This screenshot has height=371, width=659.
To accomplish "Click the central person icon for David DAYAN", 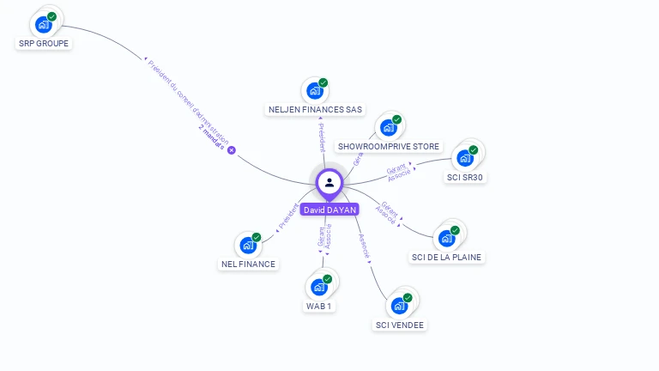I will (329, 182).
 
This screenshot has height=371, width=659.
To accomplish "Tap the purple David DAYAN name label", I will (329, 209).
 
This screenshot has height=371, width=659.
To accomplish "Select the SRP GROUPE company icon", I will (44, 24).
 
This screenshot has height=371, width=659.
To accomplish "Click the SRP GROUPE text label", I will (44, 43).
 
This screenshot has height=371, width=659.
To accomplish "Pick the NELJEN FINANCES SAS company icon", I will (315, 91).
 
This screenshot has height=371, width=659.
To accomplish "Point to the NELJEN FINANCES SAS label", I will (315, 110).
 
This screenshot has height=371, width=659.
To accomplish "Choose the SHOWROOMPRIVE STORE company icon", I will (389, 128).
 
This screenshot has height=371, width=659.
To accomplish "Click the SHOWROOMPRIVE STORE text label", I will (389, 147).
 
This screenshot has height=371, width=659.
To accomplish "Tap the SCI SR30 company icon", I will (465, 158).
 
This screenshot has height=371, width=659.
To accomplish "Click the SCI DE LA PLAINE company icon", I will (446, 238).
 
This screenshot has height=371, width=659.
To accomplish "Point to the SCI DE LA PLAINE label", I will (446, 257).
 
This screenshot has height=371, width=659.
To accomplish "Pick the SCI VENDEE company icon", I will (399, 306).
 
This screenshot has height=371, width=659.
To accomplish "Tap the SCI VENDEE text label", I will (400, 325).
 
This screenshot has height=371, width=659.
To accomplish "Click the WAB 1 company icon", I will (319, 287).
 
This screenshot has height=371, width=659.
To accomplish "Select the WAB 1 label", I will (319, 306).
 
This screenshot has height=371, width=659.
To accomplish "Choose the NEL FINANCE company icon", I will (248, 245).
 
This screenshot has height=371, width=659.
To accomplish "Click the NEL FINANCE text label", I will (248, 264).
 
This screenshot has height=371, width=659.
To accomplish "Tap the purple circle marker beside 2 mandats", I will (231, 150).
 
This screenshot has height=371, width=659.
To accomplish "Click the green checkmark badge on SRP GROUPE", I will (52, 16).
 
